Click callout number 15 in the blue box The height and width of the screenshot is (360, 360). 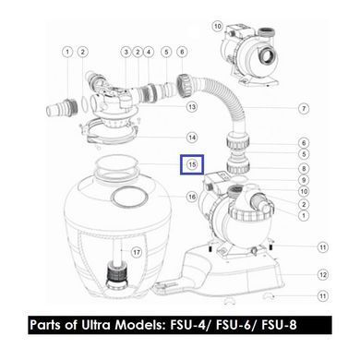coord(192,164)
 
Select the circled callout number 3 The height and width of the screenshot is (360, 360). coord(126,52)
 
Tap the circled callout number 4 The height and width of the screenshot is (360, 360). coord(149,52)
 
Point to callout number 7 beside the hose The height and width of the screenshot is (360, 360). coord(304,108)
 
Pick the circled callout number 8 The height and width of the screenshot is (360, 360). coord(304,168)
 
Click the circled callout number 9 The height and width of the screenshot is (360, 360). coord(304,180)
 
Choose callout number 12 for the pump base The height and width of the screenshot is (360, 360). coord(323,274)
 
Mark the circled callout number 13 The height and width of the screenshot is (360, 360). coord(192,107)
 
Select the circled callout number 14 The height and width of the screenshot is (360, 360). coord(192,138)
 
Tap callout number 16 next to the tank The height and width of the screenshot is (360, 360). coord(192,197)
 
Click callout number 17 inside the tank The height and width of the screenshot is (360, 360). coord(137,253)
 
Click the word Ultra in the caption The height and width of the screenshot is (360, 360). coord(96,325)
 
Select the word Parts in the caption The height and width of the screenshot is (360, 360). coord(45,325)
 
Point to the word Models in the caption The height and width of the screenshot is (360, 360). coord(140,325)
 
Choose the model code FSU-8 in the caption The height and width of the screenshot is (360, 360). coord(279,325)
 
